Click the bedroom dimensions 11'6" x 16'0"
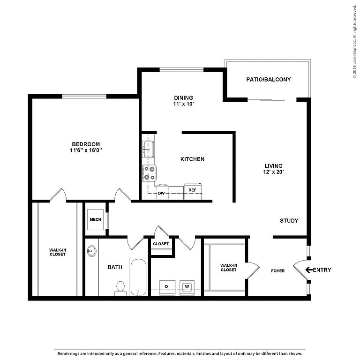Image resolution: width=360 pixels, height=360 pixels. (x=86, y=150)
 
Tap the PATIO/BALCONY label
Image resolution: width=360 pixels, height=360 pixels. (x=269, y=79)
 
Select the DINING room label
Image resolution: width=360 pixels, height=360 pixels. (x=183, y=98)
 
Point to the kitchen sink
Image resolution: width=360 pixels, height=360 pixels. (x=148, y=150)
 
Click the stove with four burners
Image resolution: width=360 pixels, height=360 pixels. (x=149, y=173)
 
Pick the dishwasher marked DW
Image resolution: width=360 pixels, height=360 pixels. (x=162, y=192)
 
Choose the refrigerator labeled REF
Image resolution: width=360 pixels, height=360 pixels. (x=193, y=191)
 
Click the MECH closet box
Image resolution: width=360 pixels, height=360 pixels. (x=95, y=219)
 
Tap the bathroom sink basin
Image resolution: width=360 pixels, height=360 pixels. (x=92, y=251)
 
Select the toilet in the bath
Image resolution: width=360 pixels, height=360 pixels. (x=120, y=289)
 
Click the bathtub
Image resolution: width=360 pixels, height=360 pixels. (x=138, y=277)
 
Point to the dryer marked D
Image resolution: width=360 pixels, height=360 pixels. (x=167, y=287)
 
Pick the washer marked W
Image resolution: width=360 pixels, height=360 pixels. (x=187, y=287)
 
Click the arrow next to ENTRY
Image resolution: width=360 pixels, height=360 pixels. (x=309, y=270)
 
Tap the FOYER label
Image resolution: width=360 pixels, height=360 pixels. (x=278, y=271)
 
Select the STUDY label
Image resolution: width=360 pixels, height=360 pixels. (x=289, y=221)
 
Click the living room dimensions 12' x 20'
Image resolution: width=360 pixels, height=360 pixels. (x=274, y=172)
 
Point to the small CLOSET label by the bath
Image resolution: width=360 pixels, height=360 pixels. (x=161, y=244)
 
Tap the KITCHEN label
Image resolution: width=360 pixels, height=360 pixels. (x=192, y=159)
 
